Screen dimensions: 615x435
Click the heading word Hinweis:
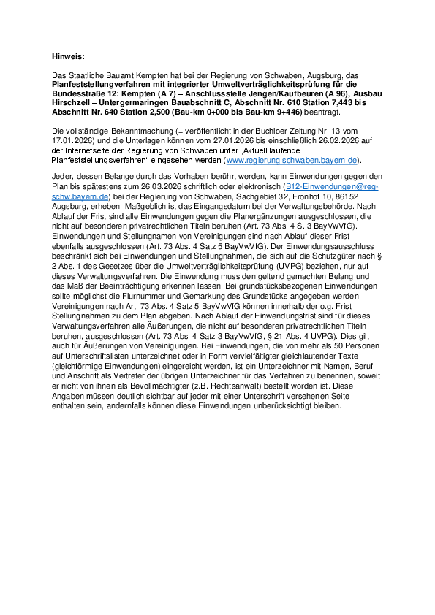click(69, 56)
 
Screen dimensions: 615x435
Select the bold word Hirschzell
click(75, 104)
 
